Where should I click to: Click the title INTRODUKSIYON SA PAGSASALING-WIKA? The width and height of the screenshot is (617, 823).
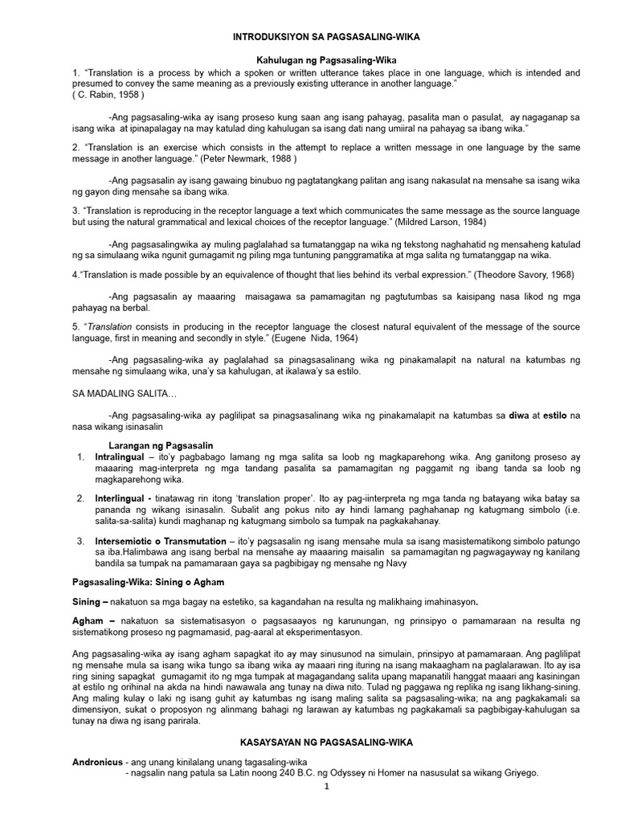[326, 37]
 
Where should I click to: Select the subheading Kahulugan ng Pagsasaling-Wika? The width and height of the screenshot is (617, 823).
[326, 60]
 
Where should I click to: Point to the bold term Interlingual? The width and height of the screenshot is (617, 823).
[125, 498]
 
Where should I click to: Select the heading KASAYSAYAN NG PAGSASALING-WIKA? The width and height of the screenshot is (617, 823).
[326, 743]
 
